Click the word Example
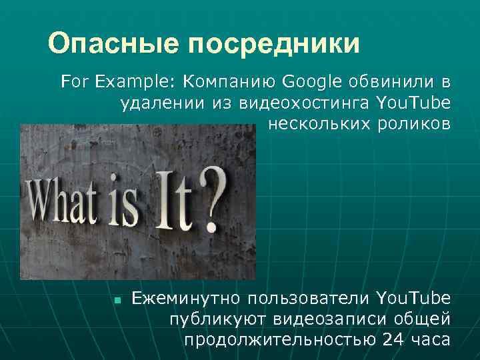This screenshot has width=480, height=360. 133,82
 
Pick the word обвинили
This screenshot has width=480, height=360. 394,82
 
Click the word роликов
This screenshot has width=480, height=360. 415,125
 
